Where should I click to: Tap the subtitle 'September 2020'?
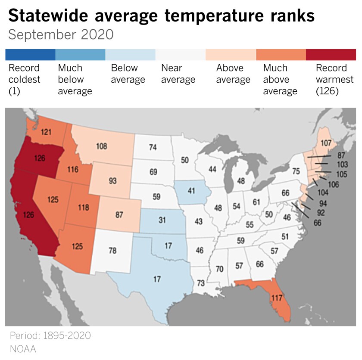[61, 35]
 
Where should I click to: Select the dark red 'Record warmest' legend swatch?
[331, 55]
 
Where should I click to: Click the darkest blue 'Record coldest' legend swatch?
[30, 55]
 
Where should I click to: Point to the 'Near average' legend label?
[178, 74]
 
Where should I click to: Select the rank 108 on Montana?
[102, 146]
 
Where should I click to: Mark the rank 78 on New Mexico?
[112, 250]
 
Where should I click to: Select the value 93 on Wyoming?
[112, 180]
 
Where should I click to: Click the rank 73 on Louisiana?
[201, 283]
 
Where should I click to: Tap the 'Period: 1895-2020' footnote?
[50, 335]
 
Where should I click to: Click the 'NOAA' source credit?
[22, 348]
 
